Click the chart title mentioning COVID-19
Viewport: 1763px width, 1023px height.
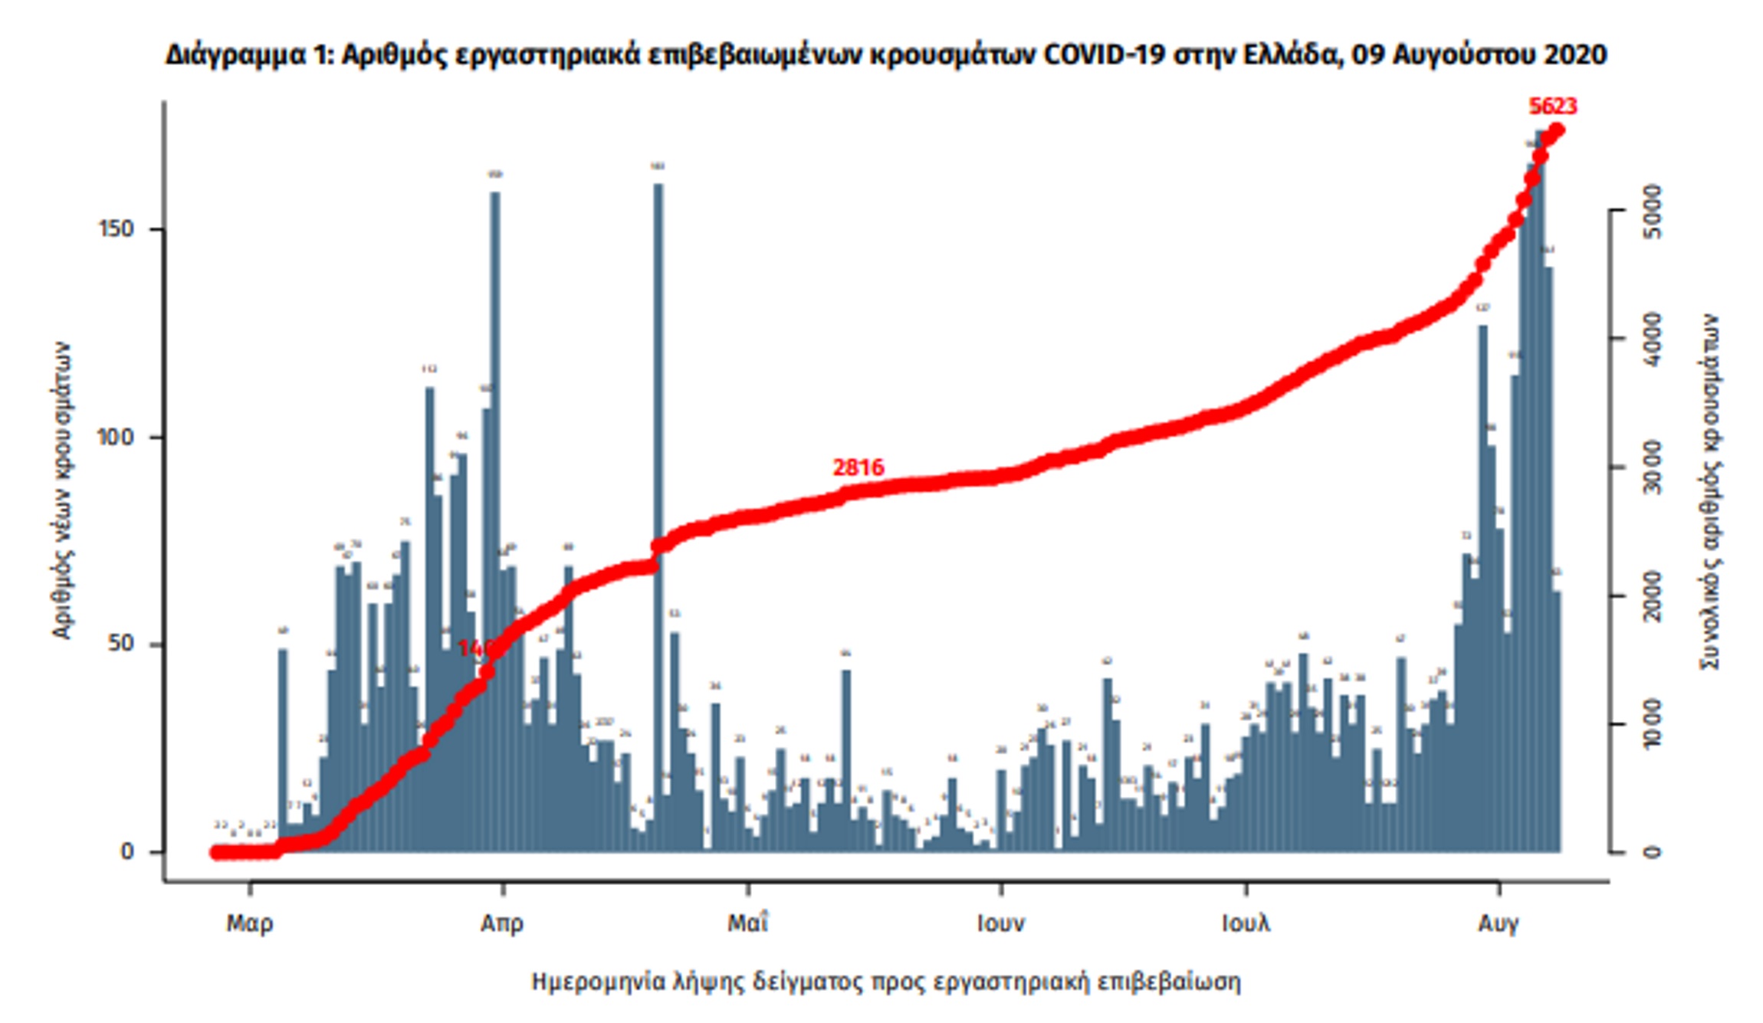pos(885,55)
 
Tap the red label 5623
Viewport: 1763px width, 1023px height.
pos(1552,106)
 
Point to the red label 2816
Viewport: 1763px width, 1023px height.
pos(858,467)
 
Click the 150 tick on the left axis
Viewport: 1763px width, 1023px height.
pos(116,229)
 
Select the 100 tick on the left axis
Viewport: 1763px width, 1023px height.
pos(116,437)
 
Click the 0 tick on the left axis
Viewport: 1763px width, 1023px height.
pos(127,851)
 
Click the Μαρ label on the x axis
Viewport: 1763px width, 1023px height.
pos(249,923)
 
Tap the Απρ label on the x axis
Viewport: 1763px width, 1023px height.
pos(502,923)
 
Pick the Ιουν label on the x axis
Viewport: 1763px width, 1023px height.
pos(1000,923)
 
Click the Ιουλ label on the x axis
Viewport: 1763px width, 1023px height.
pos(1246,923)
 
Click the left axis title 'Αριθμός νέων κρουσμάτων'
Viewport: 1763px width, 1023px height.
pos(62,490)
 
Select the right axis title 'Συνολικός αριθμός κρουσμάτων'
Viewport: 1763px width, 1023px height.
pos(1710,490)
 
